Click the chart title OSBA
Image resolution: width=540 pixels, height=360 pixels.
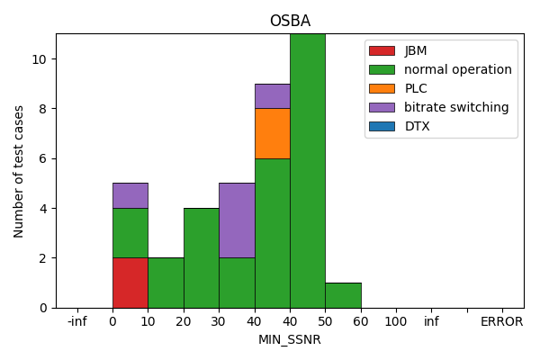(290, 22)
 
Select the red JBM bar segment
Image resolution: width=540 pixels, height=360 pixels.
(130, 283)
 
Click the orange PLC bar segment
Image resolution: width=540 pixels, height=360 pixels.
(272, 133)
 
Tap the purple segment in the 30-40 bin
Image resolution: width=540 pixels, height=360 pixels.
(237, 220)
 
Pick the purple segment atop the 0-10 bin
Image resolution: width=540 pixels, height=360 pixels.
(130, 195)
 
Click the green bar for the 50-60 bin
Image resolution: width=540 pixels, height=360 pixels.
(343, 295)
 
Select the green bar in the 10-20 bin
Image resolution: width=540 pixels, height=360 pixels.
(166, 283)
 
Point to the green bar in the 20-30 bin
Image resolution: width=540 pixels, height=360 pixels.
(201, 258)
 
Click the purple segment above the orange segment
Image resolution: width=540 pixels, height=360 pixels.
(272, 96)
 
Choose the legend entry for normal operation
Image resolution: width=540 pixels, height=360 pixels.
(457, 69)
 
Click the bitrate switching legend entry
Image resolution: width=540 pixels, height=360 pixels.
(456, 107)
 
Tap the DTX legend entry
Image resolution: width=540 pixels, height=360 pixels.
(417, 126)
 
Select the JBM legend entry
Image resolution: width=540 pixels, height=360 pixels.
(416, 50)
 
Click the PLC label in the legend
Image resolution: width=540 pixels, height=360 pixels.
(415, 88)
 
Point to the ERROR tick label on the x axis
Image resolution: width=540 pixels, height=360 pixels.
(501, 321)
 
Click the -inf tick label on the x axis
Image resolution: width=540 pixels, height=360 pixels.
(77, 321)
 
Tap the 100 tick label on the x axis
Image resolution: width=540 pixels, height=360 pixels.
(395, 321)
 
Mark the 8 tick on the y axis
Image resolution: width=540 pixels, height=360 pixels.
(44, 109)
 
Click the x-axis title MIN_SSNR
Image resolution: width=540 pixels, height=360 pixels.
(290, 340)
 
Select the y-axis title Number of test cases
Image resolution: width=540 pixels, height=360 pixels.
(19, 171)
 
